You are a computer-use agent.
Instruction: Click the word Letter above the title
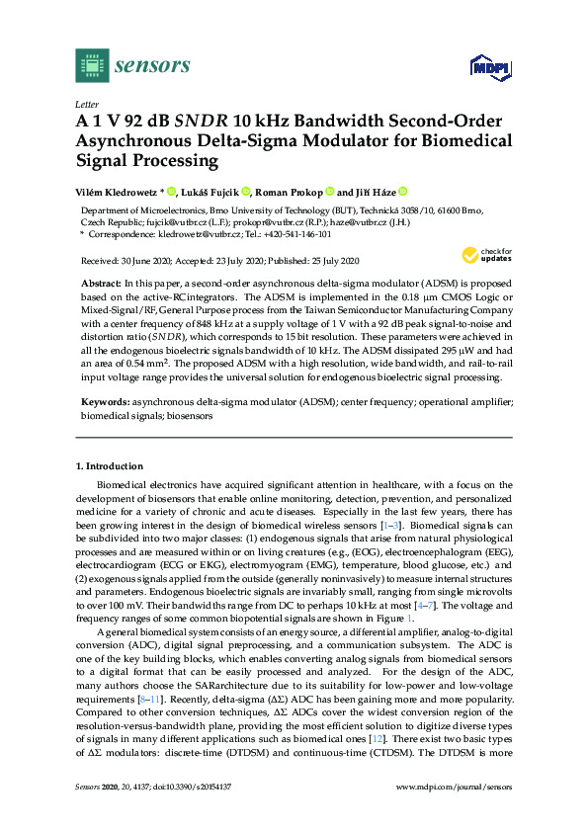pyautogui.click(x=85, y=103)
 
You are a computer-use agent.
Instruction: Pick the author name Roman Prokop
pyautogui.click(x=295, y=192)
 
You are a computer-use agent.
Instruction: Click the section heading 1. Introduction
pyautogui.click(x=109, y=465)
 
